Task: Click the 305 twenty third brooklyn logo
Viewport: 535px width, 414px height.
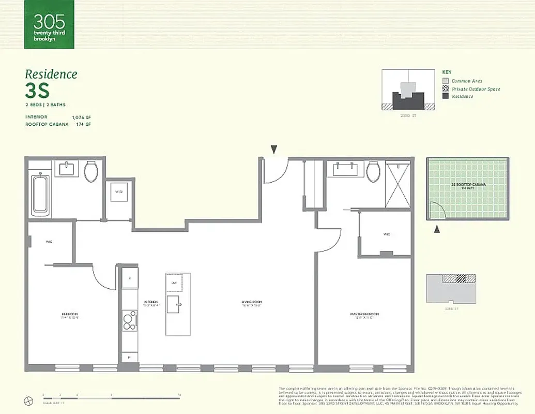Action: pyautogui.click(x=49, y=24)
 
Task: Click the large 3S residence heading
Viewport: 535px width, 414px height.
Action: pyautogui.click(x=37, y=91)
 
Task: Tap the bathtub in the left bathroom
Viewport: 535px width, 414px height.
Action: pyautogui.click(x=40, y=194)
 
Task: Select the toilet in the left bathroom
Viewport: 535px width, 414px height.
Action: pyautogui.click(x=91, y=171)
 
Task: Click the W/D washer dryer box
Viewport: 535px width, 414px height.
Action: pyautogui.click(x=119, y=192)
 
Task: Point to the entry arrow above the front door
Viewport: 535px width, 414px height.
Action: pyautogui.click(x=274, y=150)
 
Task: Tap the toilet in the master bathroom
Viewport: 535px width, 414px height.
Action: pyautogui.click(x=373, y=171)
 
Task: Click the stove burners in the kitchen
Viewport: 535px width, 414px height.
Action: pyautogui.click(x=129, y=321)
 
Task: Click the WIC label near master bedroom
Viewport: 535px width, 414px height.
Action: pyautogui.click(x=387, y=234)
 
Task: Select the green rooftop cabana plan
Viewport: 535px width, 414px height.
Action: pyautogui.click(x=468, y=188)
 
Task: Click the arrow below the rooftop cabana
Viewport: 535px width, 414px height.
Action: pyautogui.click(x=437, y=229)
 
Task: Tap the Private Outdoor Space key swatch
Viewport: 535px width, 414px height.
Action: pyautogui.click(x=445, y=89)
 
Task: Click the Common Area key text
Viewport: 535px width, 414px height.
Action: pyautogui.click(x=467, y=81)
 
